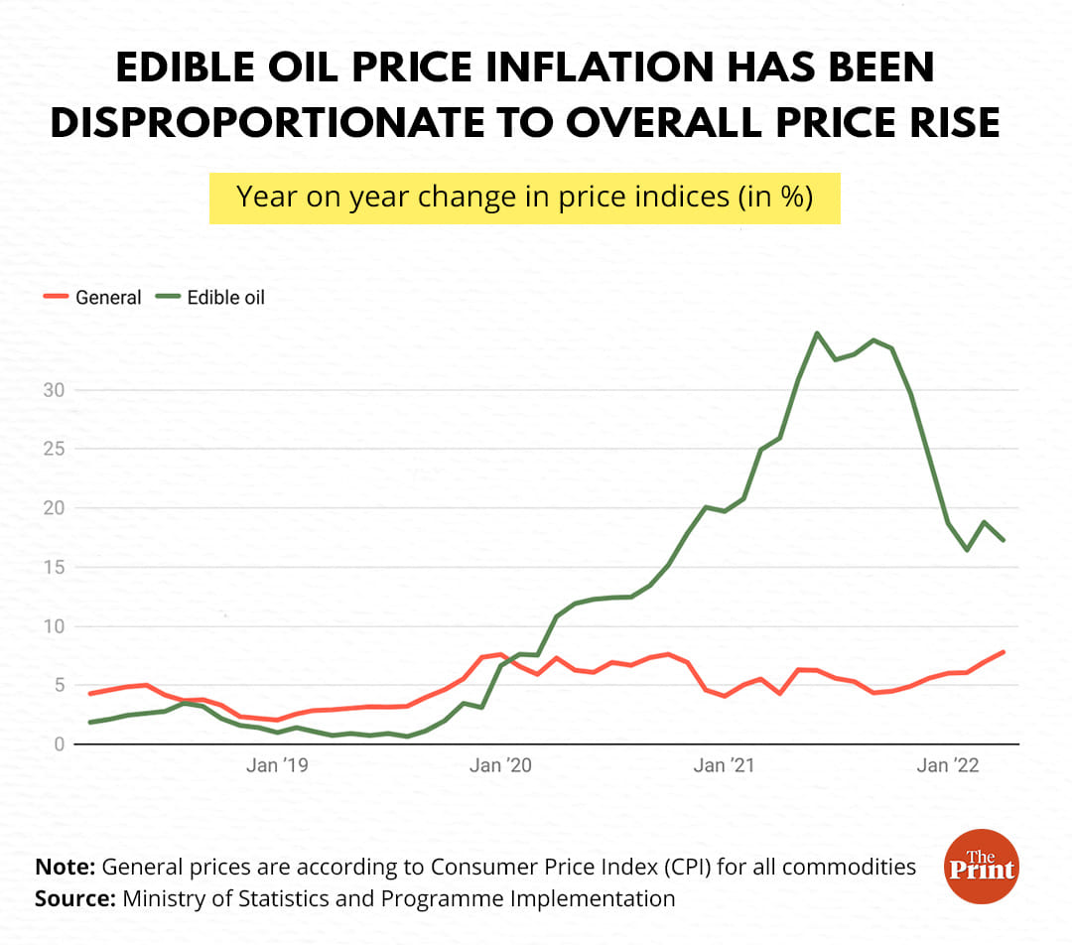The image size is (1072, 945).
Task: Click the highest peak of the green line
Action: (x=816, y=334)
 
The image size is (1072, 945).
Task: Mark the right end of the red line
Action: (x=1004, y=652)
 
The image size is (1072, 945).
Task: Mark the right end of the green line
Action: (x=1004, y=540)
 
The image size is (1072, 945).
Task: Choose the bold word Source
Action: (x=74, y=898)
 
